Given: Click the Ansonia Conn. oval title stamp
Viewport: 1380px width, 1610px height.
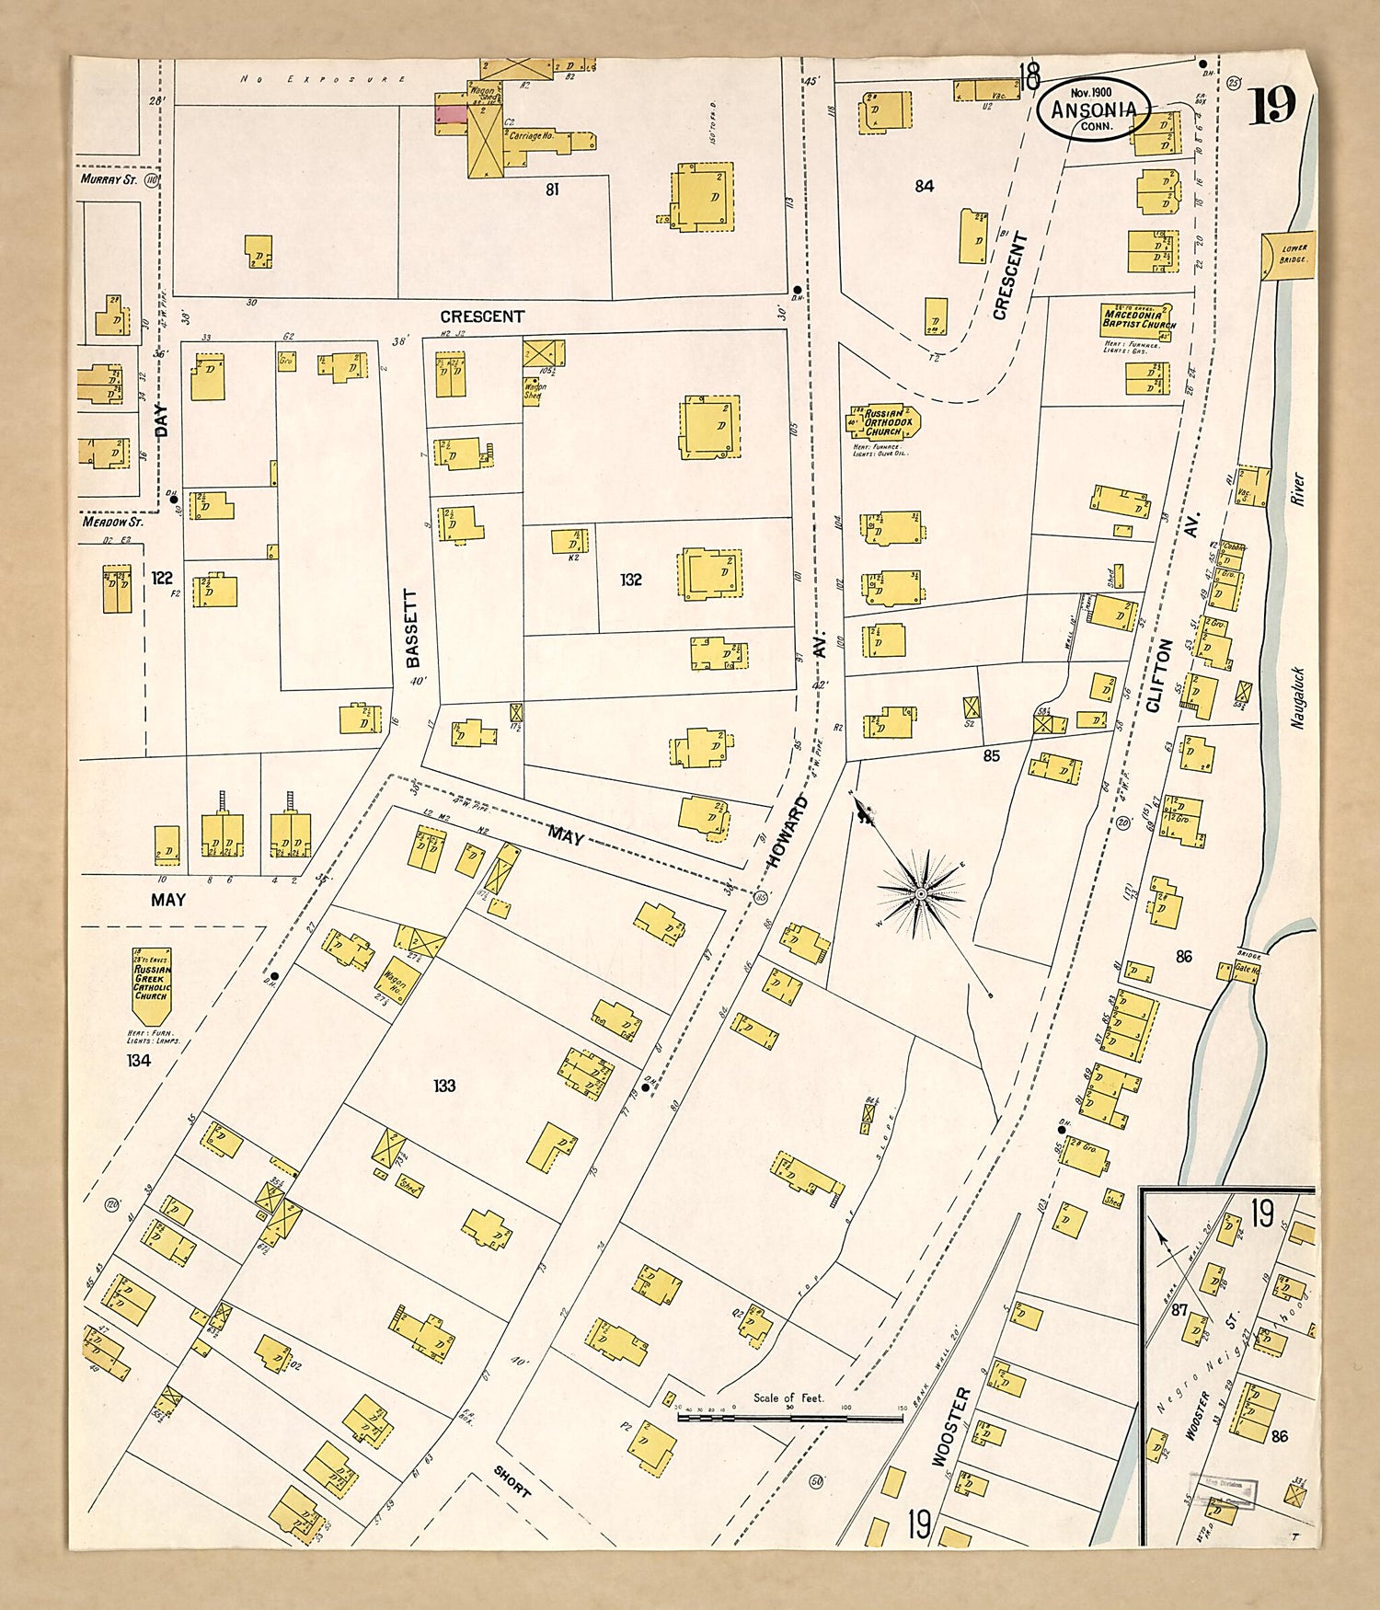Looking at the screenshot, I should (x=1094, y=109).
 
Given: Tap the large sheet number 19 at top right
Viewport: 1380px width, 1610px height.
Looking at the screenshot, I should (x=1272, y=105).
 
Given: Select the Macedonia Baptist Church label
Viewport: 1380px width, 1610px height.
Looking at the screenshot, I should (x=1139, y=318).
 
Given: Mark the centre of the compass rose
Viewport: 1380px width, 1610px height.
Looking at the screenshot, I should (x=921, y=892).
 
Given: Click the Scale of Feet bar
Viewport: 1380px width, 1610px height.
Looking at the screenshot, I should (x=789, y=1418).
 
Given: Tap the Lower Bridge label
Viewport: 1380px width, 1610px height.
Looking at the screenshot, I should (x=1294, y=253).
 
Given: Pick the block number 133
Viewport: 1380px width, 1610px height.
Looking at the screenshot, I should (x=444, y=1086).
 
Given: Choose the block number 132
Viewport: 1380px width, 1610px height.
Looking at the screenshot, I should (x=630, y=580).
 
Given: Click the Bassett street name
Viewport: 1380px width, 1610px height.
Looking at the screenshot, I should (x=413, y=628).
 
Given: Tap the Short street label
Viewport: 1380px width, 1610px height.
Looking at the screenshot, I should (x=512, y=1480).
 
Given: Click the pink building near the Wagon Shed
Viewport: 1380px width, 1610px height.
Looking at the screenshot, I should (x=451, y=114).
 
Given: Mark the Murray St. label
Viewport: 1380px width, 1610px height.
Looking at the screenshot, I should (x=109, y=179).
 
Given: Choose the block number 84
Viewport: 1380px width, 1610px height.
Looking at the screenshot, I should (x=924, y=186).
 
